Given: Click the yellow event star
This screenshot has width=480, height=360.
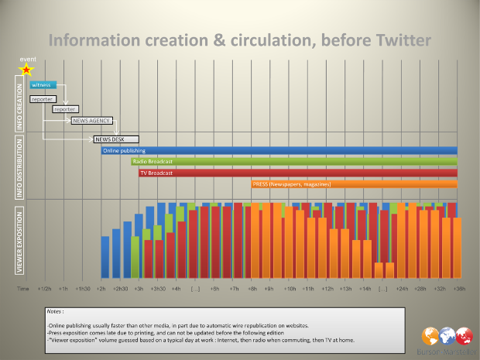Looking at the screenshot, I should (26, 69).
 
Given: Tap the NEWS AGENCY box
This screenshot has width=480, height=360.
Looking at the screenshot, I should (91, 121).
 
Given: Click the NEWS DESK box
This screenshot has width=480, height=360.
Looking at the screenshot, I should (111, 139).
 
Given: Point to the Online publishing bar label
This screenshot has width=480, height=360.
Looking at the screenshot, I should (125, 150).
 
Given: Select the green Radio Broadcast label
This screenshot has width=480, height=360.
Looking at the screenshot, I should (154, 161).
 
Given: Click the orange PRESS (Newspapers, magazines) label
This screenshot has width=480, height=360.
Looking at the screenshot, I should (291, 184).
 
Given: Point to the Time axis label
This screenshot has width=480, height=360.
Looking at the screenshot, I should (24, 288).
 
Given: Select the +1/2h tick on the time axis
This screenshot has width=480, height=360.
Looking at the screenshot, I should (45, 288).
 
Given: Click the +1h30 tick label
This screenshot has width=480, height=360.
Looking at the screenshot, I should (82, 288).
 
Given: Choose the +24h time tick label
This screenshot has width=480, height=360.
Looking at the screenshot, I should (401, 288).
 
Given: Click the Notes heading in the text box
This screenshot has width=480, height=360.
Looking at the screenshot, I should (56, 312).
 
